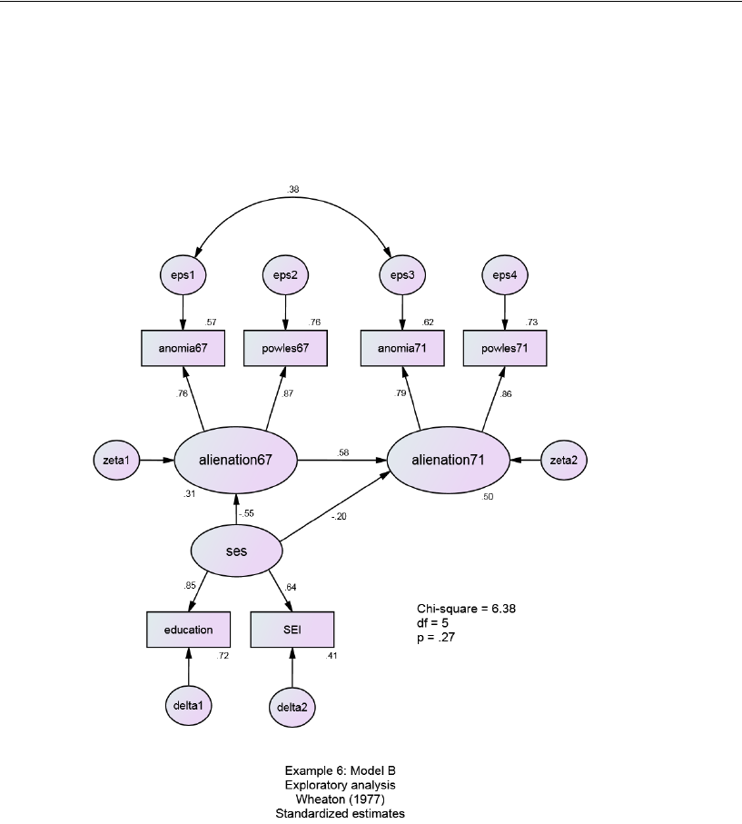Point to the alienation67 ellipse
(236, 461)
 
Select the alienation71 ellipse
(449, 461)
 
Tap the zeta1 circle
(115, 461)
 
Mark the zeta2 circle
(564, 461)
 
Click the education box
(189, 630)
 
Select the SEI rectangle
(292, 630)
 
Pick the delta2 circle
(292, 706)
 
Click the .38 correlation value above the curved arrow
(292, 190)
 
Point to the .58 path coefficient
(343, 452)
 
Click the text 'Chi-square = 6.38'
(467, 608)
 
